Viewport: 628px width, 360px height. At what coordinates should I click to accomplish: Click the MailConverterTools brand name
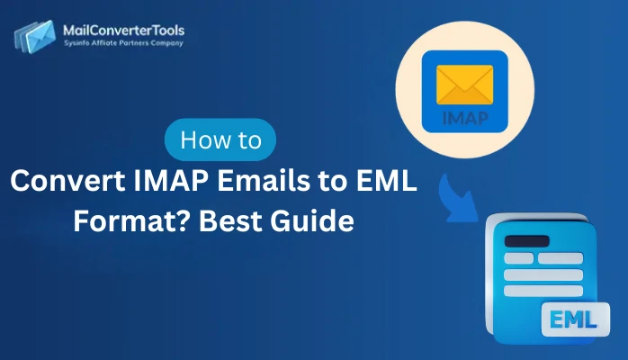point(125,30)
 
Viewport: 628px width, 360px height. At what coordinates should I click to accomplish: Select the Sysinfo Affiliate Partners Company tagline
point(125,44)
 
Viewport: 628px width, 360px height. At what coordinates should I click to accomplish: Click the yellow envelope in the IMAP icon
point(465,86)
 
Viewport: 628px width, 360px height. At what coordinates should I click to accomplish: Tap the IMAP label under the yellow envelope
point(465,118)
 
